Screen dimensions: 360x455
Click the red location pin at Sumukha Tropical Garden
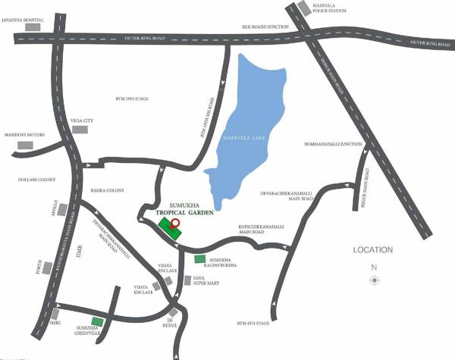(175, 223)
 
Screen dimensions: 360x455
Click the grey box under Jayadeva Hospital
(33, 27)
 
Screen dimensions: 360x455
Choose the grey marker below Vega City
(80, 130)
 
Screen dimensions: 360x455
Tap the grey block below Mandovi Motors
(26, 144)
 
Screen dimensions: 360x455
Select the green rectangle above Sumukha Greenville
(97, 321)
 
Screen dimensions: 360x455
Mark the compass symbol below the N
(374, 280)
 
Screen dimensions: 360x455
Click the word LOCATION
(372, 249)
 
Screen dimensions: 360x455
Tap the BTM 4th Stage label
(253, 324)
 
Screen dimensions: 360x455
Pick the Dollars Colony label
(22, 180)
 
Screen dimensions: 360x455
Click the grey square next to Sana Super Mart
(187, 280)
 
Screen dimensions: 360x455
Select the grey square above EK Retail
(174, 311)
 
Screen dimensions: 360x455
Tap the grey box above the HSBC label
(55, 313)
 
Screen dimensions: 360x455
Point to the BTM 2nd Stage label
(130, 98)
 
